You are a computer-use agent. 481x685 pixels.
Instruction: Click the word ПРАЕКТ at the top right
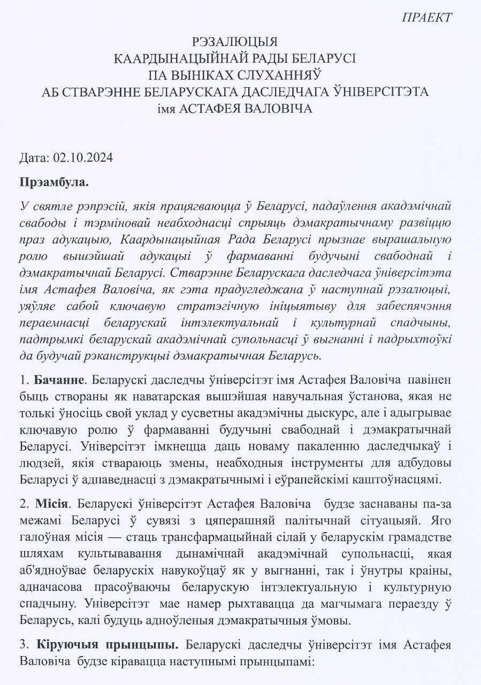[x=426, y=17]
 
